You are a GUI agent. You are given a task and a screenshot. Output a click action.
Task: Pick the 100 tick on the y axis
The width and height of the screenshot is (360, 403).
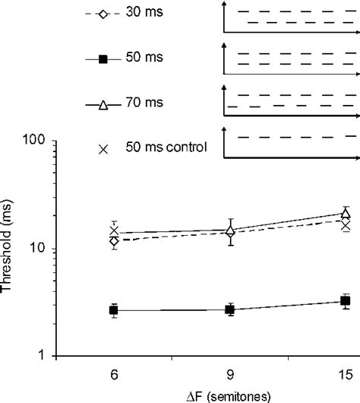coord(47,141)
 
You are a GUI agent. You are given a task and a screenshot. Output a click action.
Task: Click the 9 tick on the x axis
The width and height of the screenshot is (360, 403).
coord(230,375)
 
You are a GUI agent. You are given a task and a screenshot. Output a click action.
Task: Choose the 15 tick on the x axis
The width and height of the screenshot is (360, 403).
coord(346,375)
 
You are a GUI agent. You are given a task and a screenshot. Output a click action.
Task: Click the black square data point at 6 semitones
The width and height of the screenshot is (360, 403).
coord(114,310)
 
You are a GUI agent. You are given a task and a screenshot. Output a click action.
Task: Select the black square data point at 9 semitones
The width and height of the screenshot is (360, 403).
coord(230,309)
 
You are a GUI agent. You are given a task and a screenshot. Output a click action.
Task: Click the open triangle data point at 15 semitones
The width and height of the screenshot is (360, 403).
coord(346,214)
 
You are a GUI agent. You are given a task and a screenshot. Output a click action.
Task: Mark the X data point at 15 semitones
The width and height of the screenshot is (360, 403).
coord(346,226)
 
